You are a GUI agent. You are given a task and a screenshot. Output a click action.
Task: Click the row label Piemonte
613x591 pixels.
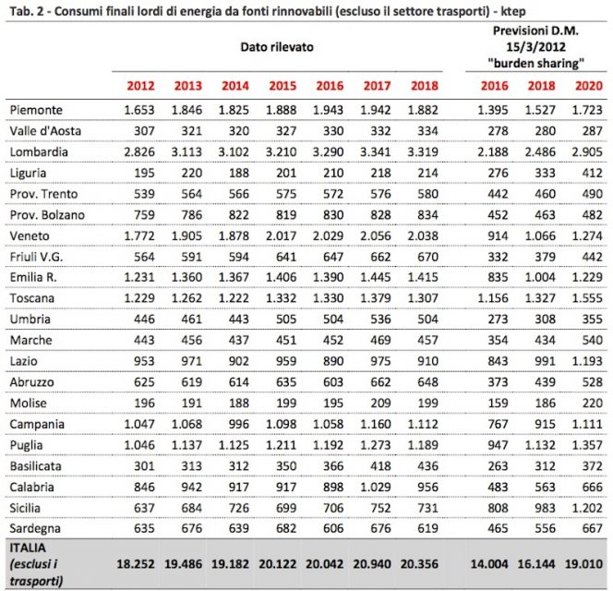[33, 110]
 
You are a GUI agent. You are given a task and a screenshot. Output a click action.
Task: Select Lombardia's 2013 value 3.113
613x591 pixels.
[182, 151]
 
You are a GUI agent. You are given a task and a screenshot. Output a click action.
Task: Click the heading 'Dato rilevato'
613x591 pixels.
[275, 45]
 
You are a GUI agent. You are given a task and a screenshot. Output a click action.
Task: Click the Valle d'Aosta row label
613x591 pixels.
[43, 130]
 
